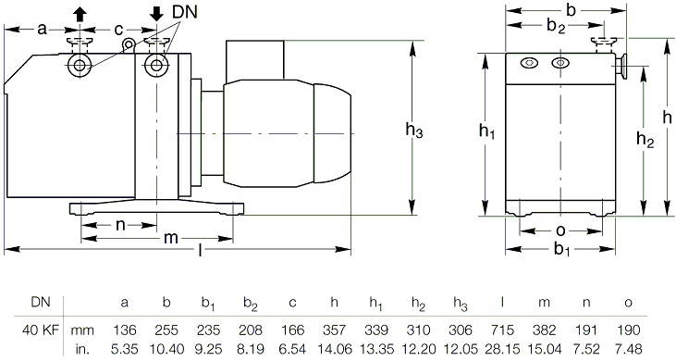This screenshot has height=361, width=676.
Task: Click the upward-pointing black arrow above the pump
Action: coord(80,15)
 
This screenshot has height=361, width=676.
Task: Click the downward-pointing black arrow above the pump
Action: coord(156,15)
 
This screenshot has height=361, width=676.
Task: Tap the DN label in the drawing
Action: coord(185,12)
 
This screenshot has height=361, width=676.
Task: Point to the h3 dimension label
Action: coord(414,130)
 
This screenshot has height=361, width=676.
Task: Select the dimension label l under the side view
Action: coord(200,249)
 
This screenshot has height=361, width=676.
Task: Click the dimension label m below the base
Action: coord(171,238)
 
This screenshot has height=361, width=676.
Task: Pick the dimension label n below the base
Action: coord(120,225)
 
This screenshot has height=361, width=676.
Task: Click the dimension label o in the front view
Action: coord(560,231)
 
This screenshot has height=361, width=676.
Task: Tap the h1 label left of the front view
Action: coord(486,131)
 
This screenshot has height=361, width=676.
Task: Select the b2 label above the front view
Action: coord(556,26)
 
